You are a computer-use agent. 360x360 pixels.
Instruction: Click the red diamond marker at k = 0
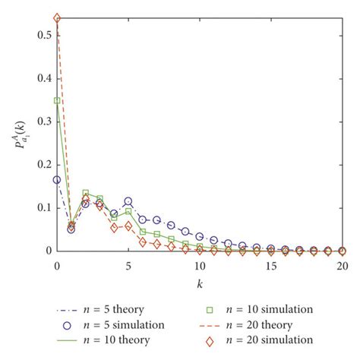(x=57, y=17)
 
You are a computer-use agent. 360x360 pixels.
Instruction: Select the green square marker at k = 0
(x=57, y=100)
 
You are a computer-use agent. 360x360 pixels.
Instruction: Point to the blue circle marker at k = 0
(x=57, y=180)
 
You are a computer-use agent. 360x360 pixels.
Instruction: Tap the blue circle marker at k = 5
(x=128, y=201)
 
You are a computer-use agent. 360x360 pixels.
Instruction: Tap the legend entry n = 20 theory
(x=258, y=325)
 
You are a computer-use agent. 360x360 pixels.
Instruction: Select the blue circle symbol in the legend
(x=68, y=325)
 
